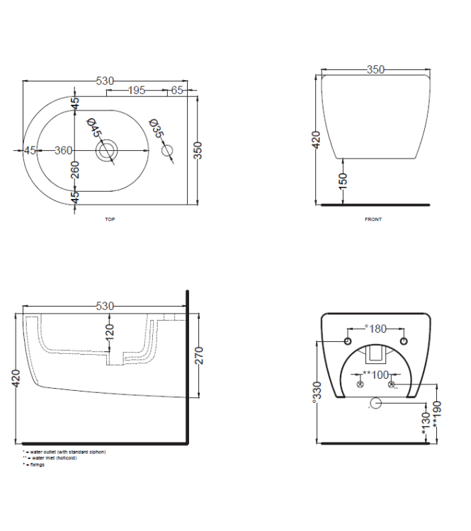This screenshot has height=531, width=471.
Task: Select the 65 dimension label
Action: [177, 91]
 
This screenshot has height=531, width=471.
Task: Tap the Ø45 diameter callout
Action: [95, 130]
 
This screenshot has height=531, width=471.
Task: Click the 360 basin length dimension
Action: [64, 150]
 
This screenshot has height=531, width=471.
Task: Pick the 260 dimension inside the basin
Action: [75, 169]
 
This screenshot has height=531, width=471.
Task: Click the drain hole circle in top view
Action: [107, 151]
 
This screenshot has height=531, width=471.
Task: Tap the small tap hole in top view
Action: [168, 151]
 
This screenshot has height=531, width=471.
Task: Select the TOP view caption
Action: [110, 219]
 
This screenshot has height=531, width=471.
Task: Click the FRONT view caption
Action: [373, 219]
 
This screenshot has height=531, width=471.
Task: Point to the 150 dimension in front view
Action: [343, 181]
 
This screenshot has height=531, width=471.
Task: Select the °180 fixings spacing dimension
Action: [376, 329]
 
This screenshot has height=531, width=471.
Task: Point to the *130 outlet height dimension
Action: [426, 424]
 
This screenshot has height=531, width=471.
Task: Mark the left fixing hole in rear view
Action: [348, 343]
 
